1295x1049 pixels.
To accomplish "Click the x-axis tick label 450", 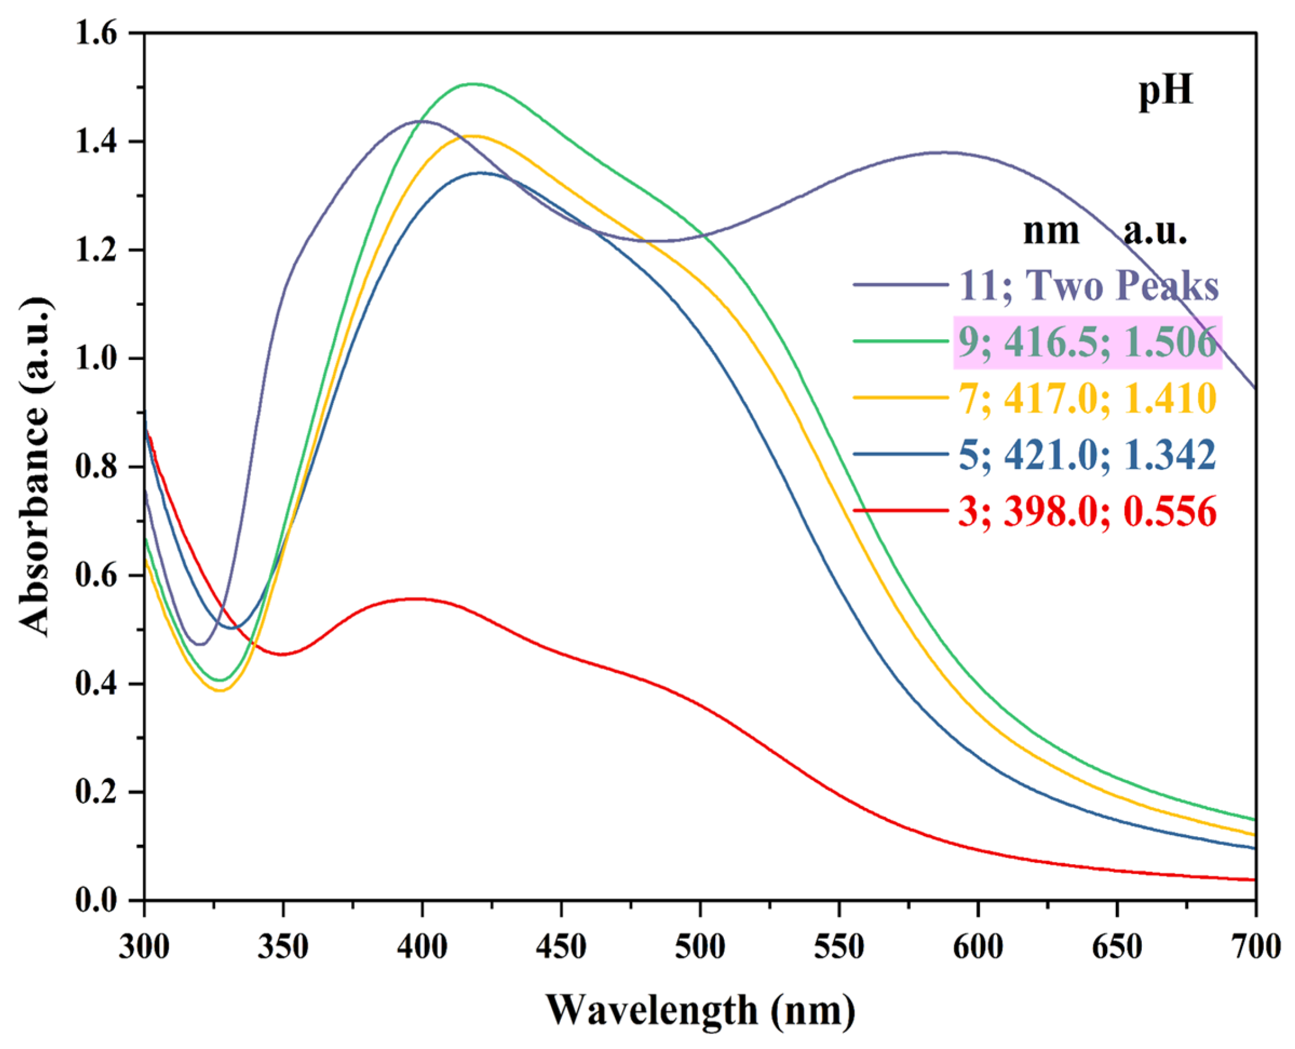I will click(x=560, y=947).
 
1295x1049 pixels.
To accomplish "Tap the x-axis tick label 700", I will click(x=1255, y=947).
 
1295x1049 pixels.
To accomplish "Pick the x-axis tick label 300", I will click(x=144, y=947).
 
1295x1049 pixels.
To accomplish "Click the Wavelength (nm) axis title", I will click(x=700, y=1011).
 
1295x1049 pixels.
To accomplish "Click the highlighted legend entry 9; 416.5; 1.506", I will click(x=1087, y=342).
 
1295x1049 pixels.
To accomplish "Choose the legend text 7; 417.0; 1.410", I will click(x=1087, y=398).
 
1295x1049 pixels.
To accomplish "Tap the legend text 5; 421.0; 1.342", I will click(x=1087, y=455).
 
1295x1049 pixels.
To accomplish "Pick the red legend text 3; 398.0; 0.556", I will click(x=1087, y=512).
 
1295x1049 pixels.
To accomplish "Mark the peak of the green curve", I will click(x=474, y=84).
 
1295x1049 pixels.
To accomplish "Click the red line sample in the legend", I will click(x=901, y=511).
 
